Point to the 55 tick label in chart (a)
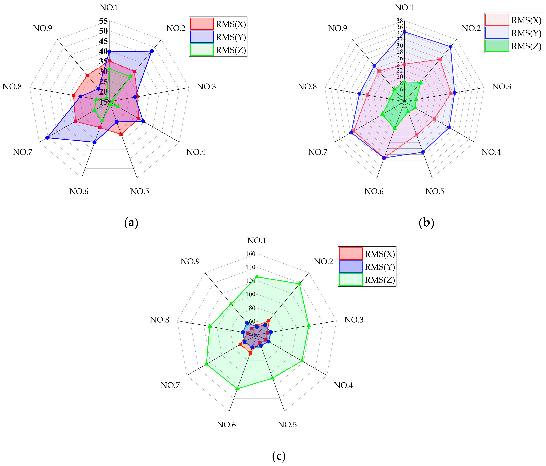[x=103, y=21]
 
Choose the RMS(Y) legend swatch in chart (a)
[x=201, y=37]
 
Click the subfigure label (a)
[x=131, y=223]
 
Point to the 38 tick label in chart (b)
[x=400, y=21]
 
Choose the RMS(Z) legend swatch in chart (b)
[x=497, y=46]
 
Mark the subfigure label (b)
[x=426, y=223]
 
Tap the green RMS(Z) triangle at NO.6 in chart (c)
[x=237, y=388]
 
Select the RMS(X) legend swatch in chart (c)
[x=350, y=254]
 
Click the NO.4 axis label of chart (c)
[x=343, y=385]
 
